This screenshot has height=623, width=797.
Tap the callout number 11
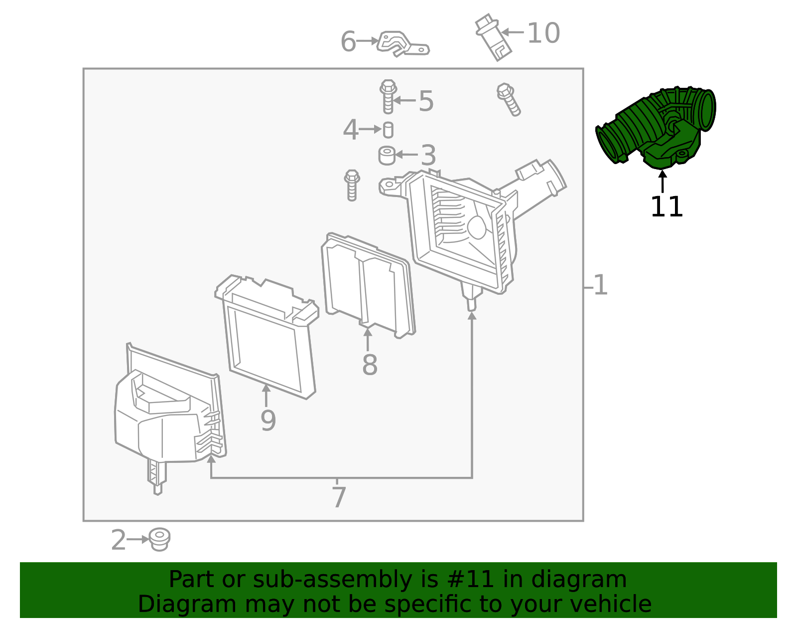(666, 207)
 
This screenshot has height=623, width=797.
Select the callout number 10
(543, 33)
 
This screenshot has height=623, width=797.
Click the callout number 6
(348, 41)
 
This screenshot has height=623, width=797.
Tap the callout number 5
(426, 101)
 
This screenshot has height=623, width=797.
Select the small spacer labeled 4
(388, 130)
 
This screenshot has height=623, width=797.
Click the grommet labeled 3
(387, 155)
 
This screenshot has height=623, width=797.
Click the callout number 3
(428, 156)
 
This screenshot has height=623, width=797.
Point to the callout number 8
(370, 365)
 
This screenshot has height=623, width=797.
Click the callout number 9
(268, 420)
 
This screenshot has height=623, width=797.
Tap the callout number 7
(339, 497)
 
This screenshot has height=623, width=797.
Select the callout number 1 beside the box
(601, 285)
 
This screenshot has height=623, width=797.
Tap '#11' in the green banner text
(471, 580)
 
